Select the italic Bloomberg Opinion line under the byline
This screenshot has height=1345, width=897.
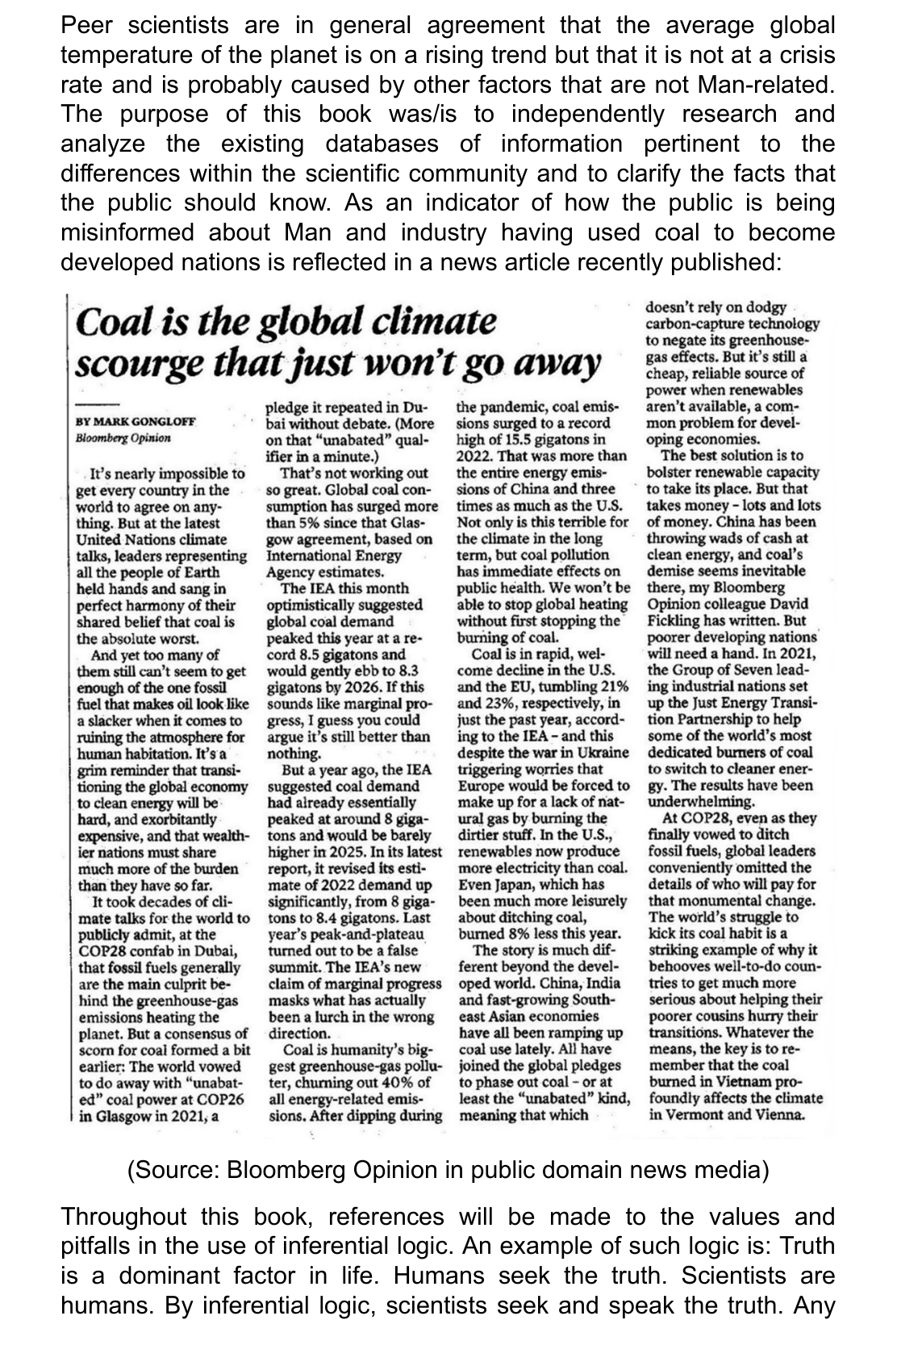[123, 439]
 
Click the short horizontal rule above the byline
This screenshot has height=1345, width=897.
[97, 403]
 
